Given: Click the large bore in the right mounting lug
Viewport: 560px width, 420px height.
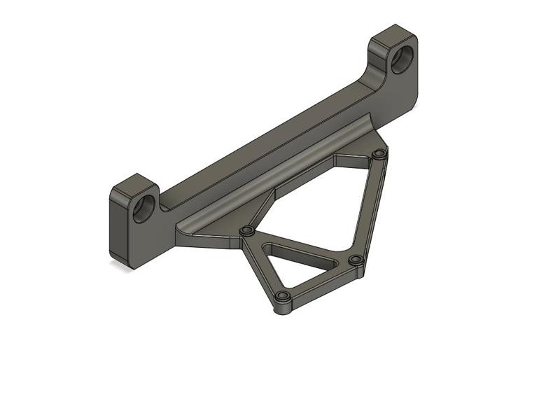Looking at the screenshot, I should [x=402, y=60].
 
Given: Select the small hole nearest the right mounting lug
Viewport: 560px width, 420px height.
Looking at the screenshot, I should [x=379, y=153].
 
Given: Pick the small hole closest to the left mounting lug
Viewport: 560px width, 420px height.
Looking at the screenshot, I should [x=246, y=230].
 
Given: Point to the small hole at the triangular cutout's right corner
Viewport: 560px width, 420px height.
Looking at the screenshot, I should [x=356, y=260].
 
